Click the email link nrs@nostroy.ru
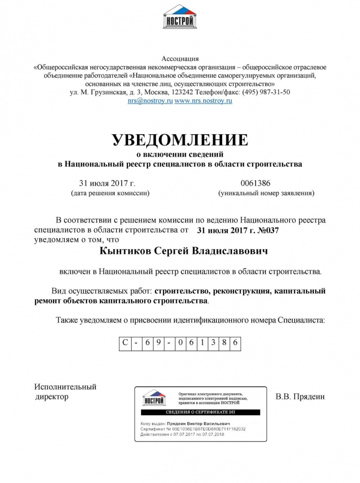[x=150, y=100]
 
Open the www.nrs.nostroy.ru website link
[x=203, y=100]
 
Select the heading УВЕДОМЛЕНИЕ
[x=180, y=140]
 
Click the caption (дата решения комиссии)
[x=110, y=192]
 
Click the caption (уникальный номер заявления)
[x=266, y=192]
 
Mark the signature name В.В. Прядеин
[x=300, y=396]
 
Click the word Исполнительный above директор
[x=65, y=387]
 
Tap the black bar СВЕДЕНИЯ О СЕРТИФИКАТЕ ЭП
[x=200, y=412]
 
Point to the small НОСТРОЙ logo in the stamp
[x=154, y=398]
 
